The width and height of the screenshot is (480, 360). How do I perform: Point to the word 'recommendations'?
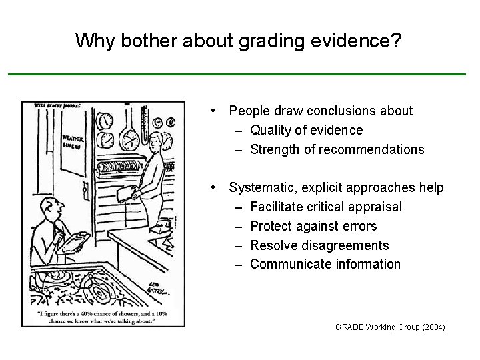point(371,149)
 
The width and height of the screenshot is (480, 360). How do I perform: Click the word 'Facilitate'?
point(279,207)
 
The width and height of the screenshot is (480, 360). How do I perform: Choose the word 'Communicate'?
point(290,264)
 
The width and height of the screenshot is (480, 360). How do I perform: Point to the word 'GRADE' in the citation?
point(349,327)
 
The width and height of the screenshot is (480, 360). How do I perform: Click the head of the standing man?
point(157,140)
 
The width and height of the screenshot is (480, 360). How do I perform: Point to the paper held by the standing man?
point(125,192)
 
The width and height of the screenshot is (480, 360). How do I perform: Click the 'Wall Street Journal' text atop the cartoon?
point(50,105)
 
